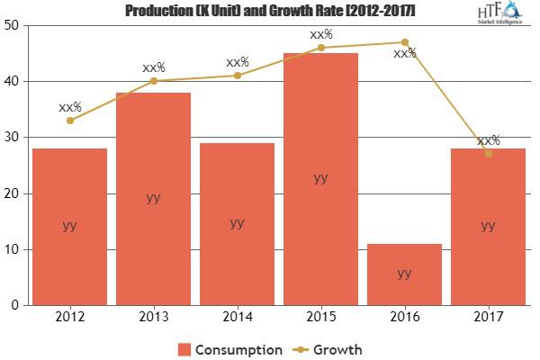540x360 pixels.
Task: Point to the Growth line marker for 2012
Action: pyautogui.click(x=69, y=120)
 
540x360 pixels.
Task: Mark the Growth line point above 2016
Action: pyautogui.click(x=404, y=42)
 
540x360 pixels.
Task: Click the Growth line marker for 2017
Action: pyautogui.click(x=488, y=154)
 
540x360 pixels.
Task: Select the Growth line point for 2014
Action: pyautogui.click(x=237, y=76)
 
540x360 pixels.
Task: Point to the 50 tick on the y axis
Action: pyautogui.click(x=13, y=26)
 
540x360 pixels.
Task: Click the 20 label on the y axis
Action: pyautogui.click(x=13, y=193)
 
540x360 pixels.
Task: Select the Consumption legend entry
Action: pyautogui.click(x=229, y=348)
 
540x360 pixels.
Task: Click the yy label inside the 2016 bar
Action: pyautogui.click(x=404, y=273)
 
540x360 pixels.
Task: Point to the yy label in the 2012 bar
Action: pyautogui.click(x=69, y=225)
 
